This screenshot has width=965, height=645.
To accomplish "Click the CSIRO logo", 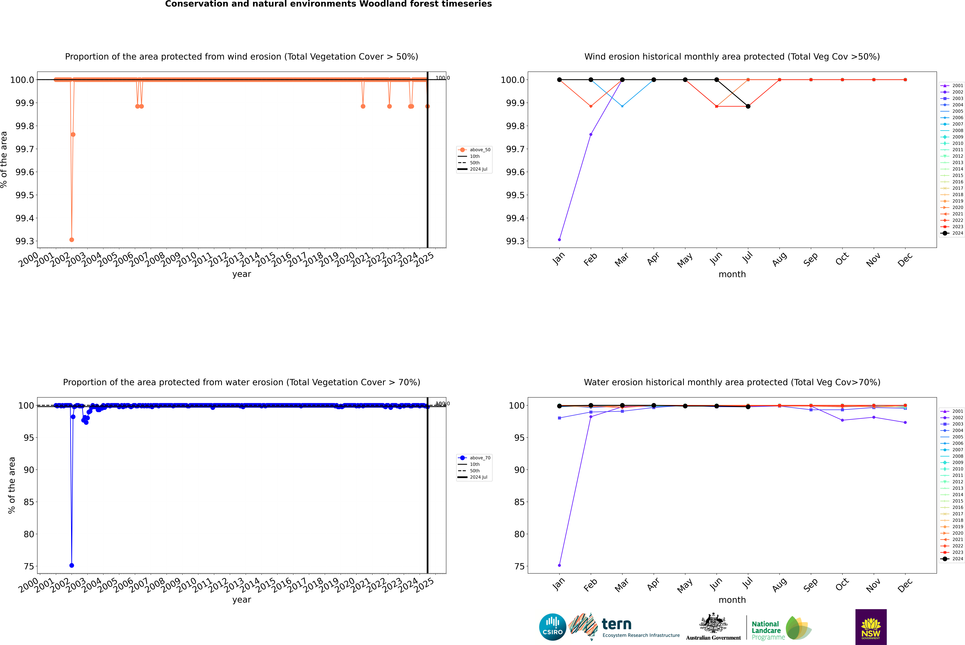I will pyautogui.click(x=552, y=627).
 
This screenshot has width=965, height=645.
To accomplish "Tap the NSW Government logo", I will pyautogui.click(x=871, y=627).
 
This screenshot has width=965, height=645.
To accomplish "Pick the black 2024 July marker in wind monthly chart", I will pyautogui.click(x=748, y=107).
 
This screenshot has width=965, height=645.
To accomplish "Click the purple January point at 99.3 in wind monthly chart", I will pyautogui.click(x=559, y=239).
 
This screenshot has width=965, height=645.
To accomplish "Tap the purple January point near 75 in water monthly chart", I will pyautogui.click(x=559, y=565).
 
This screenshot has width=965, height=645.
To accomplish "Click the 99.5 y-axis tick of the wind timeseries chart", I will pyautogui.click(x=25, y=195).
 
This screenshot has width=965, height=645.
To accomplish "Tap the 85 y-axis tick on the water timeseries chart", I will pyautogui.click(x=29, y=502).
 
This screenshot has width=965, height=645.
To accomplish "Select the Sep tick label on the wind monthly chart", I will pyautogui.click(x=810, y=260).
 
